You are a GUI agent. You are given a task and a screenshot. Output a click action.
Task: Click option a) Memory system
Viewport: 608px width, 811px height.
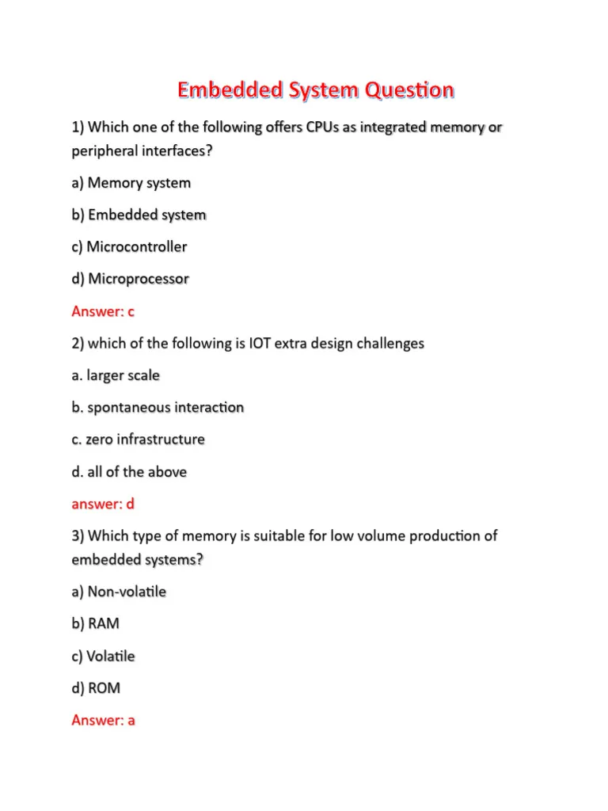click(x=131, y=183)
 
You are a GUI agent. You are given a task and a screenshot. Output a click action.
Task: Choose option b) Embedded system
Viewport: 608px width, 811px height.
click(x=139, y=215)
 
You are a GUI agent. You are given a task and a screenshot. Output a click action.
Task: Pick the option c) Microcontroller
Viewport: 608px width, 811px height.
click(x=129, y=247)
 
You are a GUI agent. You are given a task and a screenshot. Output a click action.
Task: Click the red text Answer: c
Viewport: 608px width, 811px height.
click(x=103, y=311)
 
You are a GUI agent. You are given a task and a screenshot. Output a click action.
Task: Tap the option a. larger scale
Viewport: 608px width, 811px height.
click(x=116, y=375)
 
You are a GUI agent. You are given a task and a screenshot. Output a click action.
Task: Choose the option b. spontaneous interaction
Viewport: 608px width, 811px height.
click(x=158, y=408)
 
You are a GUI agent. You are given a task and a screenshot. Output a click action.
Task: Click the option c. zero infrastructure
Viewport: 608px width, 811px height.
click(x=138, y=440)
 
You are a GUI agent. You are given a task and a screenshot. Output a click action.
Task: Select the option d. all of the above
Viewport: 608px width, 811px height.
click(x=129, y=472)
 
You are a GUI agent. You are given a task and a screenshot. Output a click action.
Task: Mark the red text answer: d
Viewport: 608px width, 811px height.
click(x=103, y=504)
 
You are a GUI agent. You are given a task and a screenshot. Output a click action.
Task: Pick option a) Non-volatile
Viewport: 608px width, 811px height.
click(x=119, y=592)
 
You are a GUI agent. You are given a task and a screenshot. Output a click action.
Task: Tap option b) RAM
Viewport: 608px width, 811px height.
click(x=96, y=624)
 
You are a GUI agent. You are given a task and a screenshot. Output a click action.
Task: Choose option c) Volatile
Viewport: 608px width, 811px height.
click(x=103, y=656)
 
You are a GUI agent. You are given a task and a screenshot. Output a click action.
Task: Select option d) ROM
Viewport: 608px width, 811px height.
click(x=96, y=688)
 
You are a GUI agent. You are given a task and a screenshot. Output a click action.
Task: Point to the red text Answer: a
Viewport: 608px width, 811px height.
click(x=103, y=721)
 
